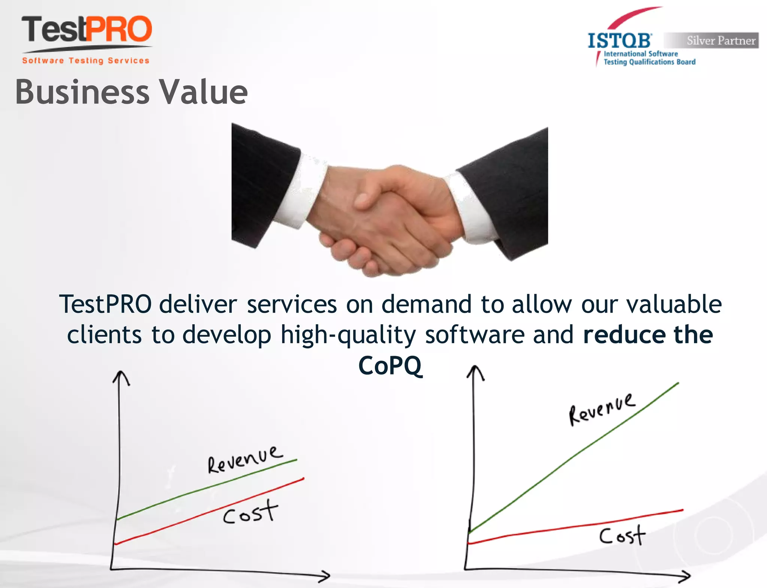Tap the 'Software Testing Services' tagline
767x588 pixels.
(x=86, y=61)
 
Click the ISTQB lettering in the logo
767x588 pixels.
(x=619, y=41)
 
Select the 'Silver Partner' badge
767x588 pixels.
(x=712, y=40)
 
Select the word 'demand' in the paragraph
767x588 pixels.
(x=426, y=304)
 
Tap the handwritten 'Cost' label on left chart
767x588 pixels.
(x=250, y=512)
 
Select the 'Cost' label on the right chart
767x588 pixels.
(x=622, y=536)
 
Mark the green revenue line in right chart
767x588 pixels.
(x=573, y=458)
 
